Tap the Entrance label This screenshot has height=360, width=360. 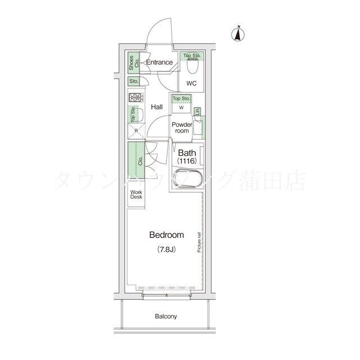point(159,62)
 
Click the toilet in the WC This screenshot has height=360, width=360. point(191,68)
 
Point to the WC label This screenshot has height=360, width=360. point(191,84)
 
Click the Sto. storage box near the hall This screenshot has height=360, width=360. point(134,82)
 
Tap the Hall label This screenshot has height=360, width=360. point(157,107)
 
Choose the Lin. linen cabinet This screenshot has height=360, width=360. point(197,111)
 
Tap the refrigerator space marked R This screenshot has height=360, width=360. point(135,132)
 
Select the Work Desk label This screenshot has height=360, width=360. point(136,195)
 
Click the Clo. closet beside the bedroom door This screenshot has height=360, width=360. point(136,160)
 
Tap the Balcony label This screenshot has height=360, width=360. point(166,316)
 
